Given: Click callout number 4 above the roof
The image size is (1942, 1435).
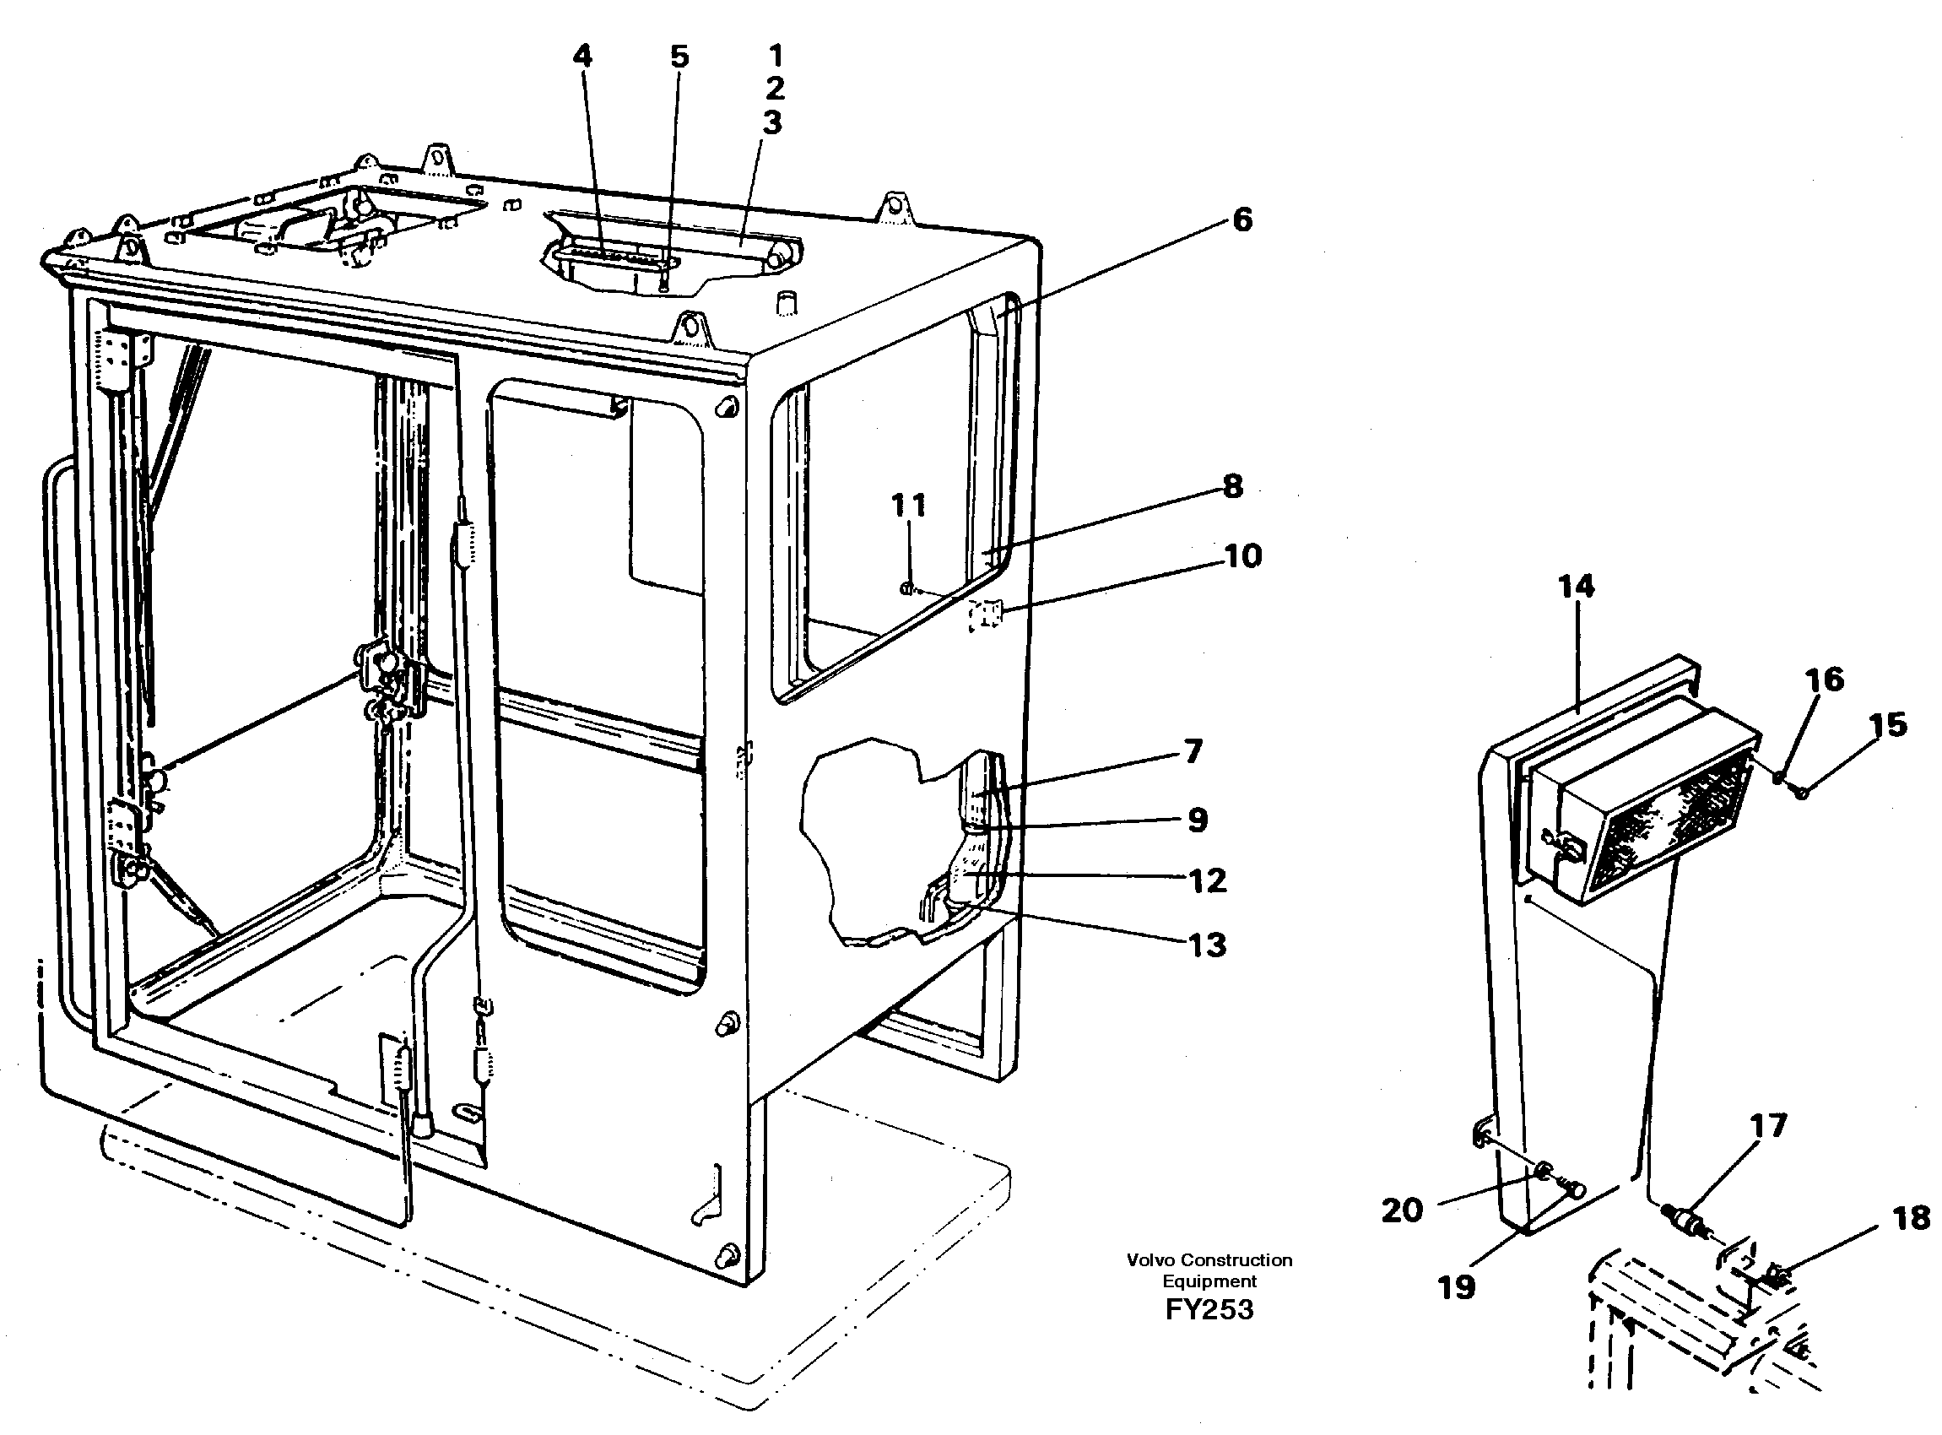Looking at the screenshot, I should pos(582,57).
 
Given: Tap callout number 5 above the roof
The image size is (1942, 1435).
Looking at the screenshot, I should pos(679,57).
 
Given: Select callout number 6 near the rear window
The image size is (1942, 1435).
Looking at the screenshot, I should pos(1242,219).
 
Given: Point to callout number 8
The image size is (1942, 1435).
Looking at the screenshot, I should pos(1232,486).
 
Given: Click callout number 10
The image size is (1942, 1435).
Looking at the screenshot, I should pos(1243,556).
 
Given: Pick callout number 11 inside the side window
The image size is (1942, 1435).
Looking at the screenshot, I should pos(908,506).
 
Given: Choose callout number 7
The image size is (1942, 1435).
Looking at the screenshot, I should pos(1193,751).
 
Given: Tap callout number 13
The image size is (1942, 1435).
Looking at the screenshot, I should pos(1207,945).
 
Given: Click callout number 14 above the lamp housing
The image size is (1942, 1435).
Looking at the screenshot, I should pos(1577,588).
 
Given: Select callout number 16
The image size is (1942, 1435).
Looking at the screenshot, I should pos(1825,680).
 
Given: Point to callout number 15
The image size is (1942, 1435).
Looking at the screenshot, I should pos(1888,725).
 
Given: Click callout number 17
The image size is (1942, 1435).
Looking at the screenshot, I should pos(1768,1127).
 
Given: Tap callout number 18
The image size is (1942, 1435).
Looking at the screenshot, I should pos(1912,1218).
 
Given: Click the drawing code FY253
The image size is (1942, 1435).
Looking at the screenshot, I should pos(1209,1309).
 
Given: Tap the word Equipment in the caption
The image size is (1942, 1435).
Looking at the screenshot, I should pos(1209,1281).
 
